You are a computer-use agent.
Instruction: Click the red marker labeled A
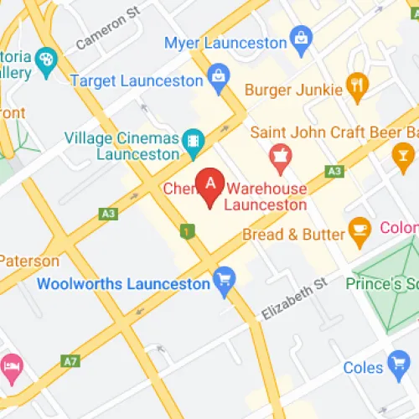coord(209,184)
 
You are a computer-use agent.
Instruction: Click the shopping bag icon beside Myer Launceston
coord(299,38)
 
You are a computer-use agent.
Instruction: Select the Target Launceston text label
coord(137,81)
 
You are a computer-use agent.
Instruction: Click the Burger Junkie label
coord(294,89)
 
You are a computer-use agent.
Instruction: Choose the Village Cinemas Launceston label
coord(122,147)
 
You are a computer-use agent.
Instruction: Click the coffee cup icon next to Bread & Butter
coord(360,229)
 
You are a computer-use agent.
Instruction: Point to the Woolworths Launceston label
coord(123,283)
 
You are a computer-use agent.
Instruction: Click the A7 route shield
coord(70,362)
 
